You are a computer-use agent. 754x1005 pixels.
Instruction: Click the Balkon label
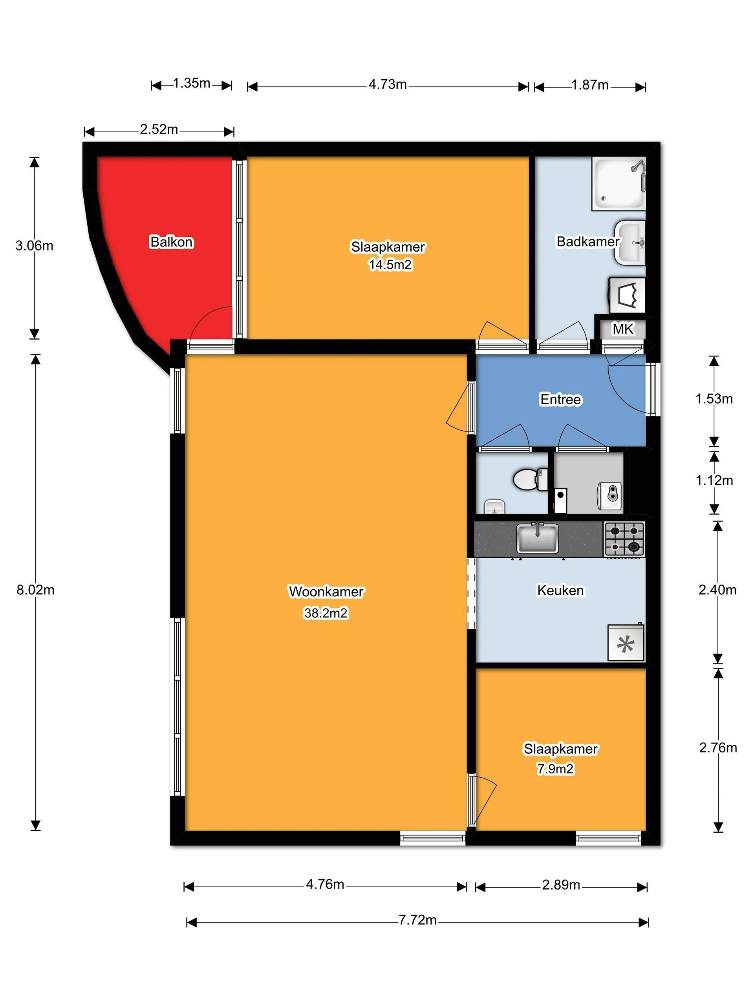[x=171, y=242]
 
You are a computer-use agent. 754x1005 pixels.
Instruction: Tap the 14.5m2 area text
[x=390, y=265]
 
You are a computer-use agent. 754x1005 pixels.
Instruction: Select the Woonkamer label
[x=326, y=592]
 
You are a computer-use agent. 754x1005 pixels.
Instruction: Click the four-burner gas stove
[x=624, y=539]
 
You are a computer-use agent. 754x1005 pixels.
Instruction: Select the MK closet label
[x=622, y=329]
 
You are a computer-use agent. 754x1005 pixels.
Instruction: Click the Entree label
[x=560, y=399]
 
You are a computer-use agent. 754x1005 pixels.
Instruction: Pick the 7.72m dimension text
[x=417, y=920]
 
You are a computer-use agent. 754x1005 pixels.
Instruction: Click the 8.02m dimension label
[x=35, y=590]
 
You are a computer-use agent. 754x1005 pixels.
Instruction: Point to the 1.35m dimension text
[x=191, y=83]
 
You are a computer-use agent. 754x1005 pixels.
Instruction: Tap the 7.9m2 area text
[x=555, y=769]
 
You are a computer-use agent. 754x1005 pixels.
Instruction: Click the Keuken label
[x=560, y=590]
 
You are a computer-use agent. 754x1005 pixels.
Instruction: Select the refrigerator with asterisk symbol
[x=625, y=643]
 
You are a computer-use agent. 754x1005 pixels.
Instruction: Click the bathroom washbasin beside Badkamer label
[x=630, y=242]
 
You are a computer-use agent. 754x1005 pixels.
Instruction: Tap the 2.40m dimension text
[x=717, y=590]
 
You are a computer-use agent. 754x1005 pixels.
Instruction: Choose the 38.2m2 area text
[x=326, y=613]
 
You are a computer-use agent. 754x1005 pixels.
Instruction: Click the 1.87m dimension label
[x=589, y=85]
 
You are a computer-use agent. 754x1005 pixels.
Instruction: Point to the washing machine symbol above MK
[x=627, y=295]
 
